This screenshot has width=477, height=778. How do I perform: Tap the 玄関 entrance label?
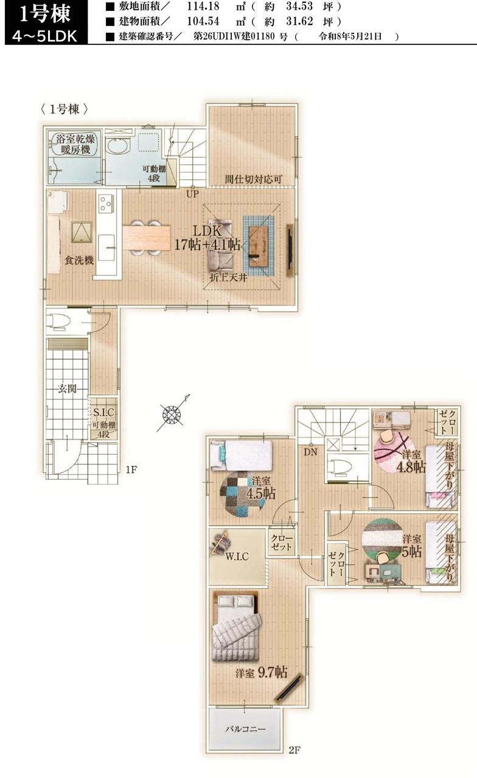click(67, 388)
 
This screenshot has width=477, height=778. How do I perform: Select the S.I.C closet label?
click(103, 412)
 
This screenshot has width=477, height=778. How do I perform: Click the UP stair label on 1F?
click(192, 194)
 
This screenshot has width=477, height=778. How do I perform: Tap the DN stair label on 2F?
click(310, 452)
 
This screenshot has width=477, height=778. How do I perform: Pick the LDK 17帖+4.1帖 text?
click(207, 238)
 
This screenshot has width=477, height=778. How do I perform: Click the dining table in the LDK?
click(147, 238)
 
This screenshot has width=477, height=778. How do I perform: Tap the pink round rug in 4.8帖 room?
click(394, 452)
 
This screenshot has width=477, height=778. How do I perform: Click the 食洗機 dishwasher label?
click(79, 260)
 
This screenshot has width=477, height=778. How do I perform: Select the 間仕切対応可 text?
click(254, 179)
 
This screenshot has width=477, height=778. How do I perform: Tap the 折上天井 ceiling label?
click(228, 278)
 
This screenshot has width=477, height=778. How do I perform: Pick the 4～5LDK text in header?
click(44, 36)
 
